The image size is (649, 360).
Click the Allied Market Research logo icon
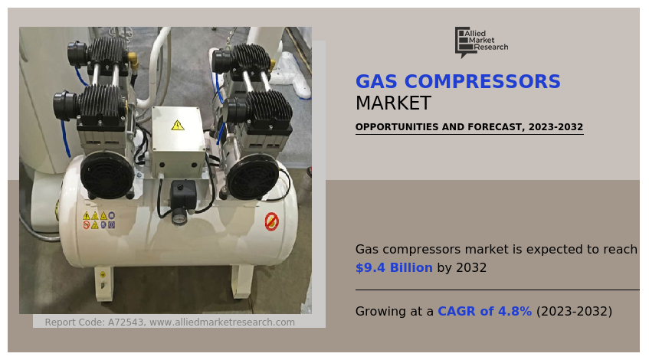tap(463, 42)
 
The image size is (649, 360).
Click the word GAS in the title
tap(376, 82)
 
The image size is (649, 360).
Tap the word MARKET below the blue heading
tap(393, 103)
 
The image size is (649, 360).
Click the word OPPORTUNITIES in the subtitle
tap(397, 127)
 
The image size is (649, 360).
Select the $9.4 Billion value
tap(394, 268)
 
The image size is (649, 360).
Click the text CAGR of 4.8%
tap(484, 312)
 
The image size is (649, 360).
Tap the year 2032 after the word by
tap(471, 268)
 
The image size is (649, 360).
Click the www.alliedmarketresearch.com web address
tap(222, 322)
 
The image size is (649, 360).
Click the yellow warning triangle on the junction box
tap(178, 125)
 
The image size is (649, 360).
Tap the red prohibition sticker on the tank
tap(271, 221)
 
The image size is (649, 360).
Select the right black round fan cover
tap(251, 177)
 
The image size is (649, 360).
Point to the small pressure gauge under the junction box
tap(179, 217)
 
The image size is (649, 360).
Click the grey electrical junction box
tap(178, 139)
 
